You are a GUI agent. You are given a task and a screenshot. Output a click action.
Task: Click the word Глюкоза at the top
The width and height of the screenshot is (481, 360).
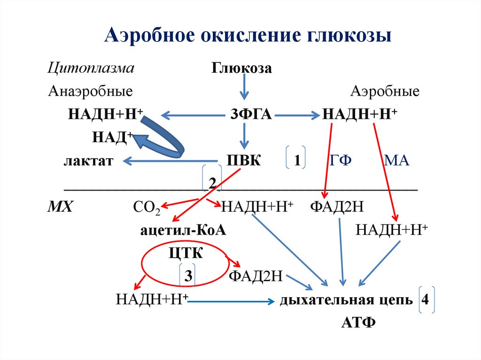[242, 69]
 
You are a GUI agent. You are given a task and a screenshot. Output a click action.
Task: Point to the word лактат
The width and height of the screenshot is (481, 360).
[88, 161]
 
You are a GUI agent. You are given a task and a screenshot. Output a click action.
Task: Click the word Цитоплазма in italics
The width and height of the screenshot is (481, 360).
[91, 68]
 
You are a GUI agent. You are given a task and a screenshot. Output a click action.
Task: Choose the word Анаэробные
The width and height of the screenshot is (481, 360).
[90, 91]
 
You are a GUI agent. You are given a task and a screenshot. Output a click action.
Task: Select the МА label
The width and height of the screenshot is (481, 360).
[396, 161]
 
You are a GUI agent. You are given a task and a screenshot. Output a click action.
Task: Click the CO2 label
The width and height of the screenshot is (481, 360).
[146, 207]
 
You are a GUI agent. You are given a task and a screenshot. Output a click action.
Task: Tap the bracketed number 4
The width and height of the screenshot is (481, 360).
[425, 300]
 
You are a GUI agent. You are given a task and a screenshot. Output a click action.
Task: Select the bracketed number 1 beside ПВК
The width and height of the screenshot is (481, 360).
[297, 161]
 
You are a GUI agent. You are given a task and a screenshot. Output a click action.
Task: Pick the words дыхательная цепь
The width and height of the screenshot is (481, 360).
[346, 300]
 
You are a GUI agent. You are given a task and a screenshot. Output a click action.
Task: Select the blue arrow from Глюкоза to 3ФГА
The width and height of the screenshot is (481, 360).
[243, 89]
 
